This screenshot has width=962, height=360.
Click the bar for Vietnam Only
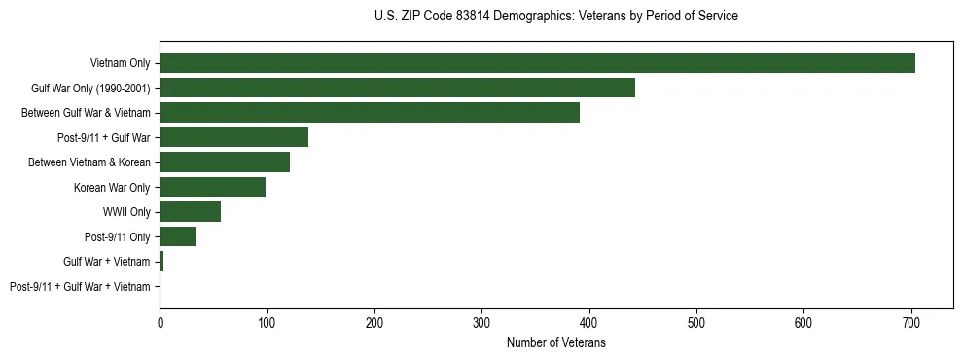(x=537, y=63)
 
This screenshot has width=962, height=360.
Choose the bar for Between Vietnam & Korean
(x=225, y=162)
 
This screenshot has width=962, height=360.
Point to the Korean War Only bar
(x=212, y=187)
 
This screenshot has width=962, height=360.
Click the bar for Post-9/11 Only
(x=178, y=236)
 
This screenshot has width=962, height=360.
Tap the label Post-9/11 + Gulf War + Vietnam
(x=80, y=287)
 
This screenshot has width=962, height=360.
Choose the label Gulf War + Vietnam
(x=107, y=262)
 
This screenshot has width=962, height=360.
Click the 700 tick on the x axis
(x=911, y=321)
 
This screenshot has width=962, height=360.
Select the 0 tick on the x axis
(x=160, y=321)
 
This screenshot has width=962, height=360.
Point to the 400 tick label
(x=589, y=321)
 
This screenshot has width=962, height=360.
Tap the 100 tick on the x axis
(x=267, y=321)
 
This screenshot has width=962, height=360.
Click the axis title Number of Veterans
(x=556, y=342)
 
